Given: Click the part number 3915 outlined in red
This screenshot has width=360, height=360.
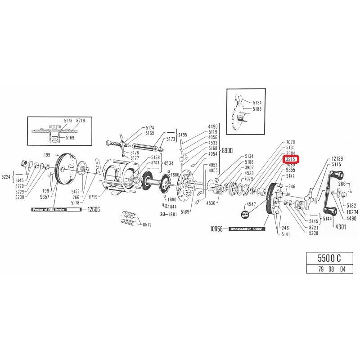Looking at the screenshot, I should tap(290, 159).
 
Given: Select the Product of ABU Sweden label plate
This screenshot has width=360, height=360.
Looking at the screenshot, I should tap(55, 210).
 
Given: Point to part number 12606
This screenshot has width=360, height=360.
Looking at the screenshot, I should tap(94, 210).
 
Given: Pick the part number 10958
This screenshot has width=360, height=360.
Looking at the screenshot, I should tap(217, 229).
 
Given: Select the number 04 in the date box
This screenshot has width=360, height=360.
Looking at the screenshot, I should tap(343, 270).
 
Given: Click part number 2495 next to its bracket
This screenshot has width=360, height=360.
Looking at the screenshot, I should tap(182, 135).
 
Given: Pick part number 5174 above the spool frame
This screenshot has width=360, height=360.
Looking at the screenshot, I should tap(150, 128).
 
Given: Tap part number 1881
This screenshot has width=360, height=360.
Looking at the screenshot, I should tap(172, 214).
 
